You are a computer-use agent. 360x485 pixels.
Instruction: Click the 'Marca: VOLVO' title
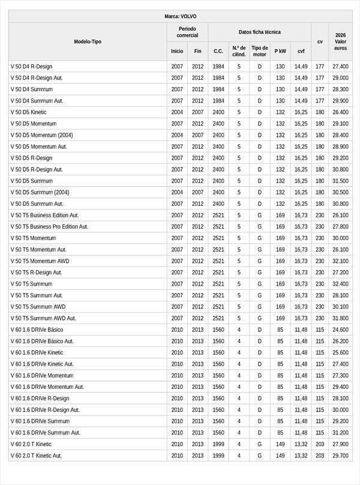(x=180, y=16)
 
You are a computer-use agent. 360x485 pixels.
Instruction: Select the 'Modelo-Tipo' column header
(x=88, y=41)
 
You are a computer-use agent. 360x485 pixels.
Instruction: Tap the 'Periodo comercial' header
(x=187, y=32)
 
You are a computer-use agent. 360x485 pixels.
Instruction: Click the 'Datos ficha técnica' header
(x=259, y=32)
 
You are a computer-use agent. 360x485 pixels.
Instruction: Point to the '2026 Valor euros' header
(x=341, y=41)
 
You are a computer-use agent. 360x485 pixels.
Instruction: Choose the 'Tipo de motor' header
(x=260, y=51)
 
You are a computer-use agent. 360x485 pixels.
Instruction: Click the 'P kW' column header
(x=280, y=52)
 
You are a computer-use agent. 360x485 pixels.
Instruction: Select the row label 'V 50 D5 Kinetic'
(x=28, y=112)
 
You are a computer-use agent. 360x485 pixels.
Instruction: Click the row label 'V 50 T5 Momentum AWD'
(x=39, y=261)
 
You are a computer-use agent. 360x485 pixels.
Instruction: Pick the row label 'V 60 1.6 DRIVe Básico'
(x=37, y=330)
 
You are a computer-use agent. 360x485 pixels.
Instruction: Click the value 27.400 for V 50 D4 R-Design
(x=340, y=67)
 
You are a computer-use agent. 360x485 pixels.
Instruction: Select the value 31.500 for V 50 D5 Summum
(x=340, y=181)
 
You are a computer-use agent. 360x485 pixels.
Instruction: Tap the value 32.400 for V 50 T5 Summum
(x=340, y=284)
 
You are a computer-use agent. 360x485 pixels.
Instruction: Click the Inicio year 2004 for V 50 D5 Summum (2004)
(x=177, y=192)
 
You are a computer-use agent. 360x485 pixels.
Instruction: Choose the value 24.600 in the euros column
(x=340, y=330)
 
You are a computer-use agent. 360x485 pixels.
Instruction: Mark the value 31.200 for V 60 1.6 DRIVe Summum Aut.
(x=340, y=432)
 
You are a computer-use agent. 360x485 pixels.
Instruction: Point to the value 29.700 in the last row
(x=340, y=456)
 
